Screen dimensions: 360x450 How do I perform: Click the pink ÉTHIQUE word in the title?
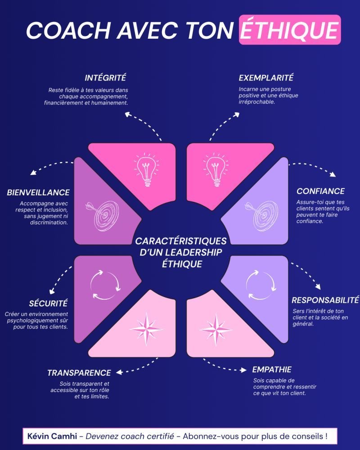click(x=290, y=30)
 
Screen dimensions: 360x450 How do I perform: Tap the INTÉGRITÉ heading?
click(x=105, y=77)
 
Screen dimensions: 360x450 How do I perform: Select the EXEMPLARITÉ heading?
click(x=266, y=77)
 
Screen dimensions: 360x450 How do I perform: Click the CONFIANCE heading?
click(x=321, y=191)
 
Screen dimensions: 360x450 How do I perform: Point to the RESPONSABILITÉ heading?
click(x=325, y=300)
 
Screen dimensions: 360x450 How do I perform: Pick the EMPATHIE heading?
click(x=272, y=369)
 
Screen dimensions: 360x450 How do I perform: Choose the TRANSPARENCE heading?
click(x=79, y=373)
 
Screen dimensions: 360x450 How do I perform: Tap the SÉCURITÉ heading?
click(x=48, y=303)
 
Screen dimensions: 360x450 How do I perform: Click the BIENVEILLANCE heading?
click(x=38, y=192)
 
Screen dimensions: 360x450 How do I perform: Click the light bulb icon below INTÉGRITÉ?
click(x=147, y=170)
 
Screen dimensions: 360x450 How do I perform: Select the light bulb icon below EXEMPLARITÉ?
click(x=216, y=170)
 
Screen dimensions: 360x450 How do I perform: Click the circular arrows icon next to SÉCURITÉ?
click(x=105, y=285)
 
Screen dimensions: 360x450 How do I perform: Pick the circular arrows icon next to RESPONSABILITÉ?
click(x=261, y=285)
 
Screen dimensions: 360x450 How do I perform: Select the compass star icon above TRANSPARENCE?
click(x=146, y=329)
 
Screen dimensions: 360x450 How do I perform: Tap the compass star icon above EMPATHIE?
click(x=216, y=329)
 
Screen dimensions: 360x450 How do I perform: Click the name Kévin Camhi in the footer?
click(x=52, y=436)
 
